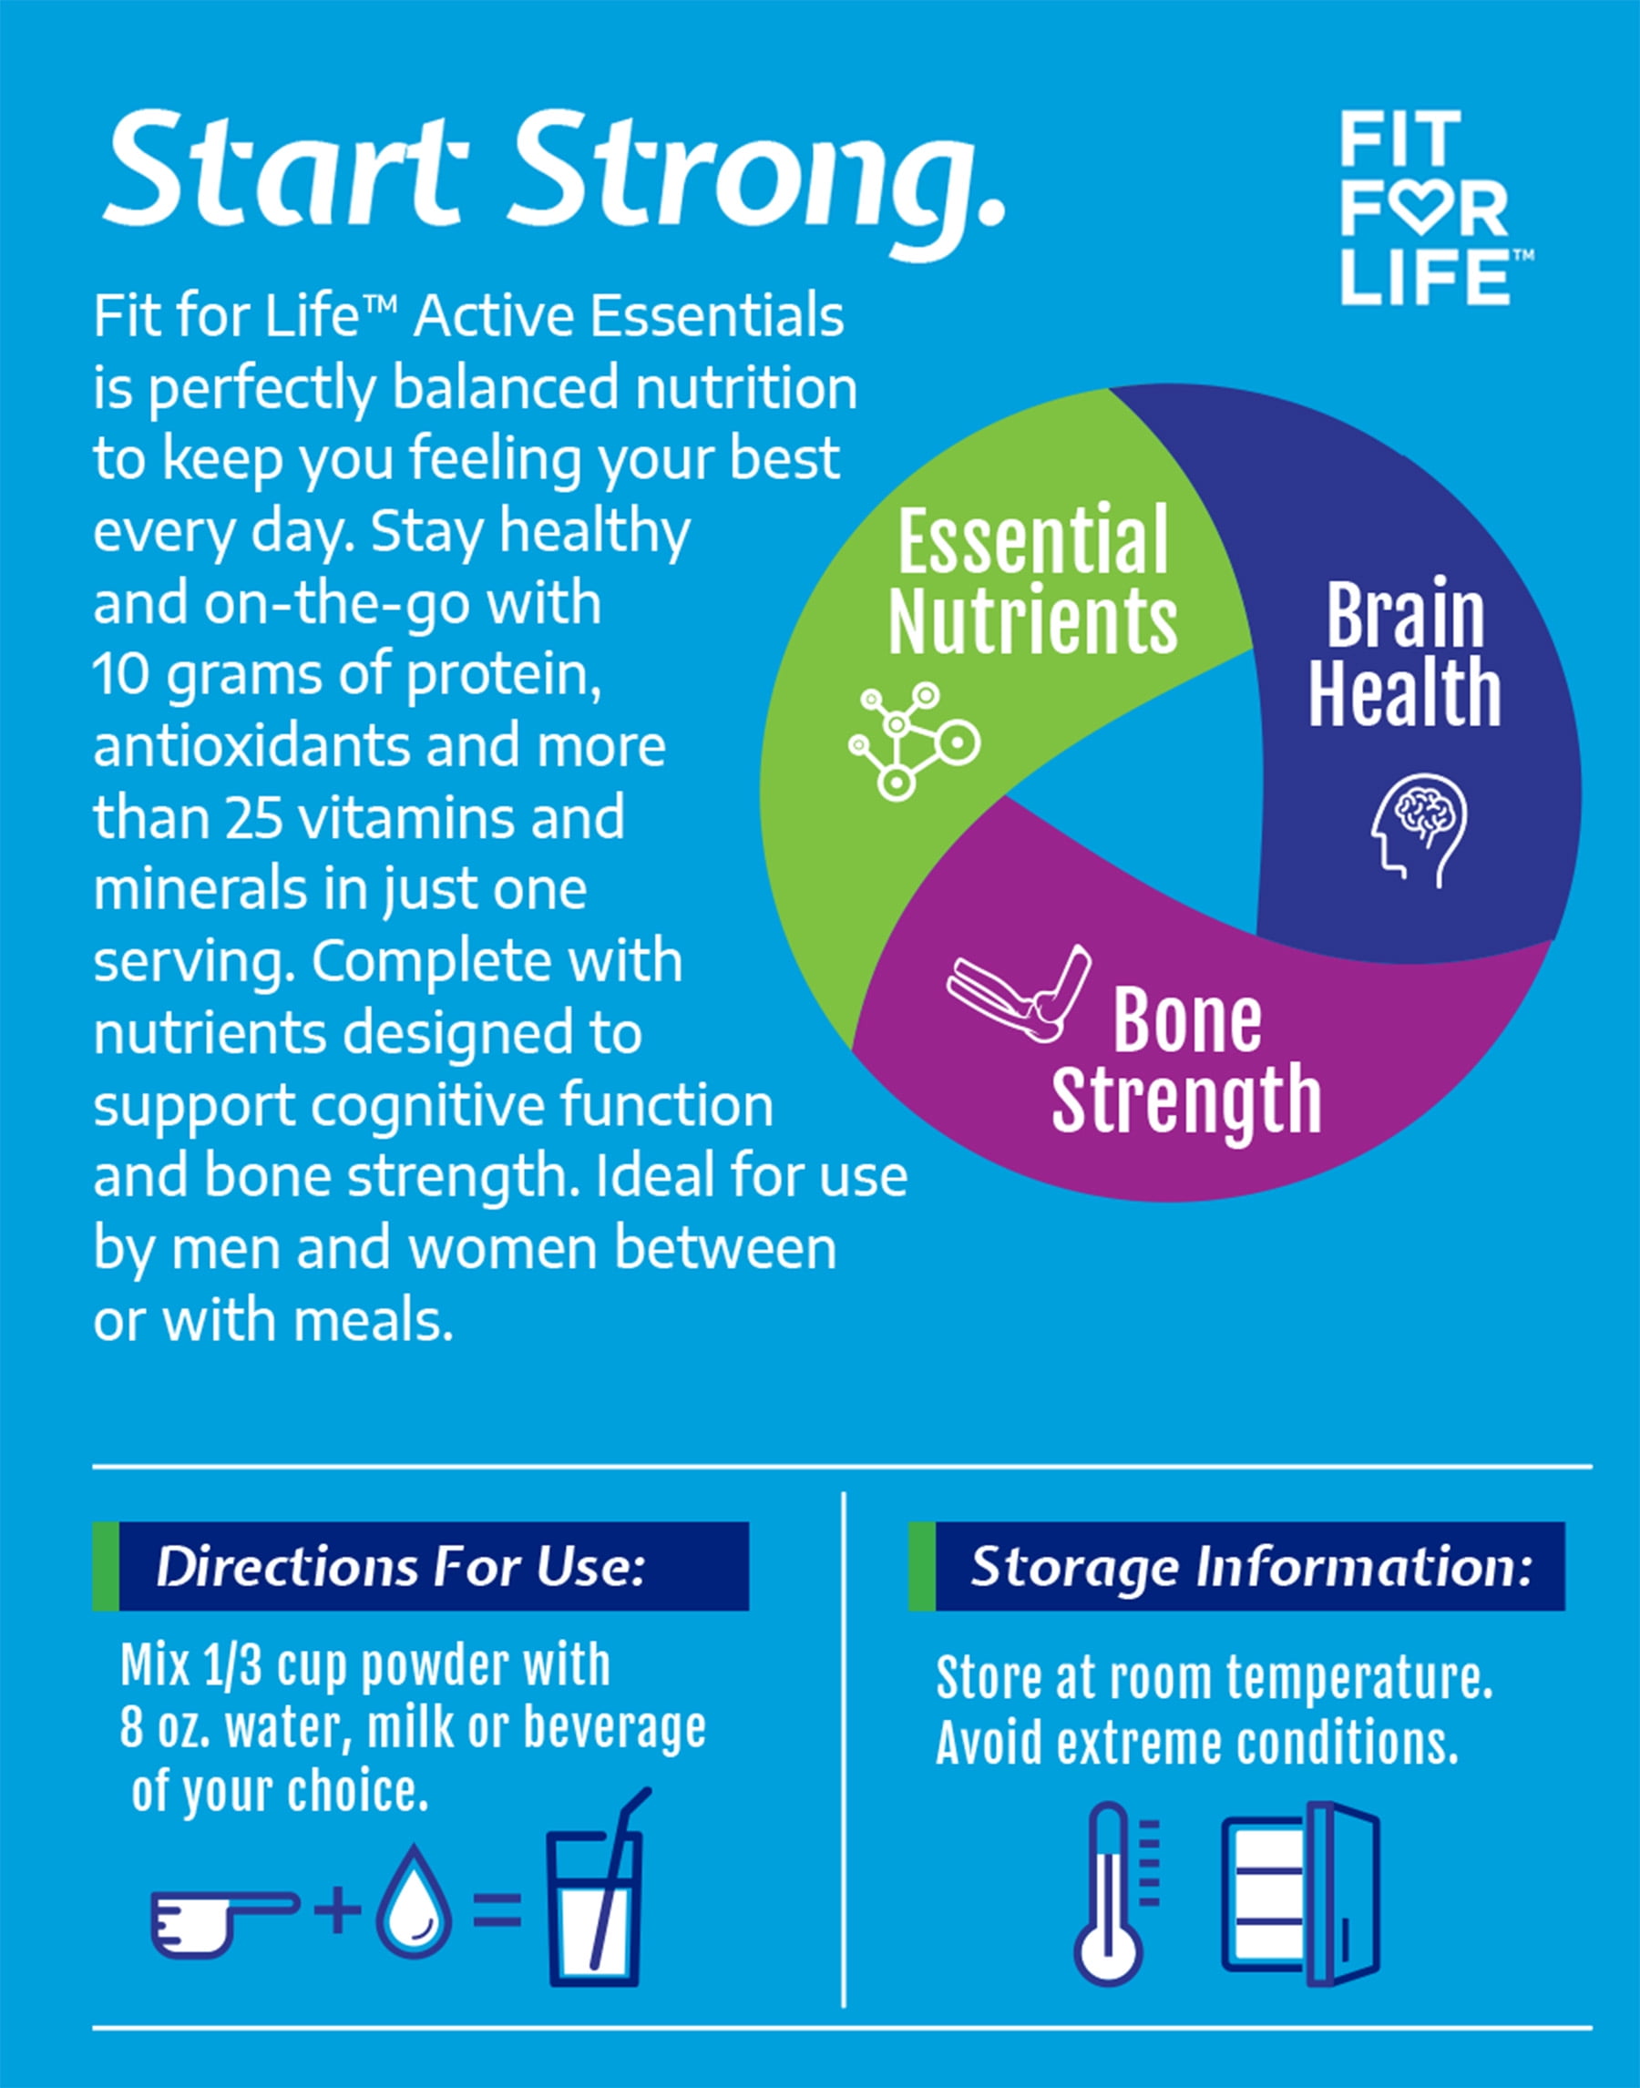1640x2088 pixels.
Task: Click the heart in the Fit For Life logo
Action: click(x=1419, y=210)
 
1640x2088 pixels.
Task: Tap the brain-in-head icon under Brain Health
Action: click(x=1420, y=831)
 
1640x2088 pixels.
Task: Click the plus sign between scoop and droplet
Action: click(x=337, y=1910)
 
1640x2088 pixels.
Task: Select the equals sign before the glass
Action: click(x=497, y=1911)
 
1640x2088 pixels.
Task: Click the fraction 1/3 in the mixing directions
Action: click(x=231, y=1664)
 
